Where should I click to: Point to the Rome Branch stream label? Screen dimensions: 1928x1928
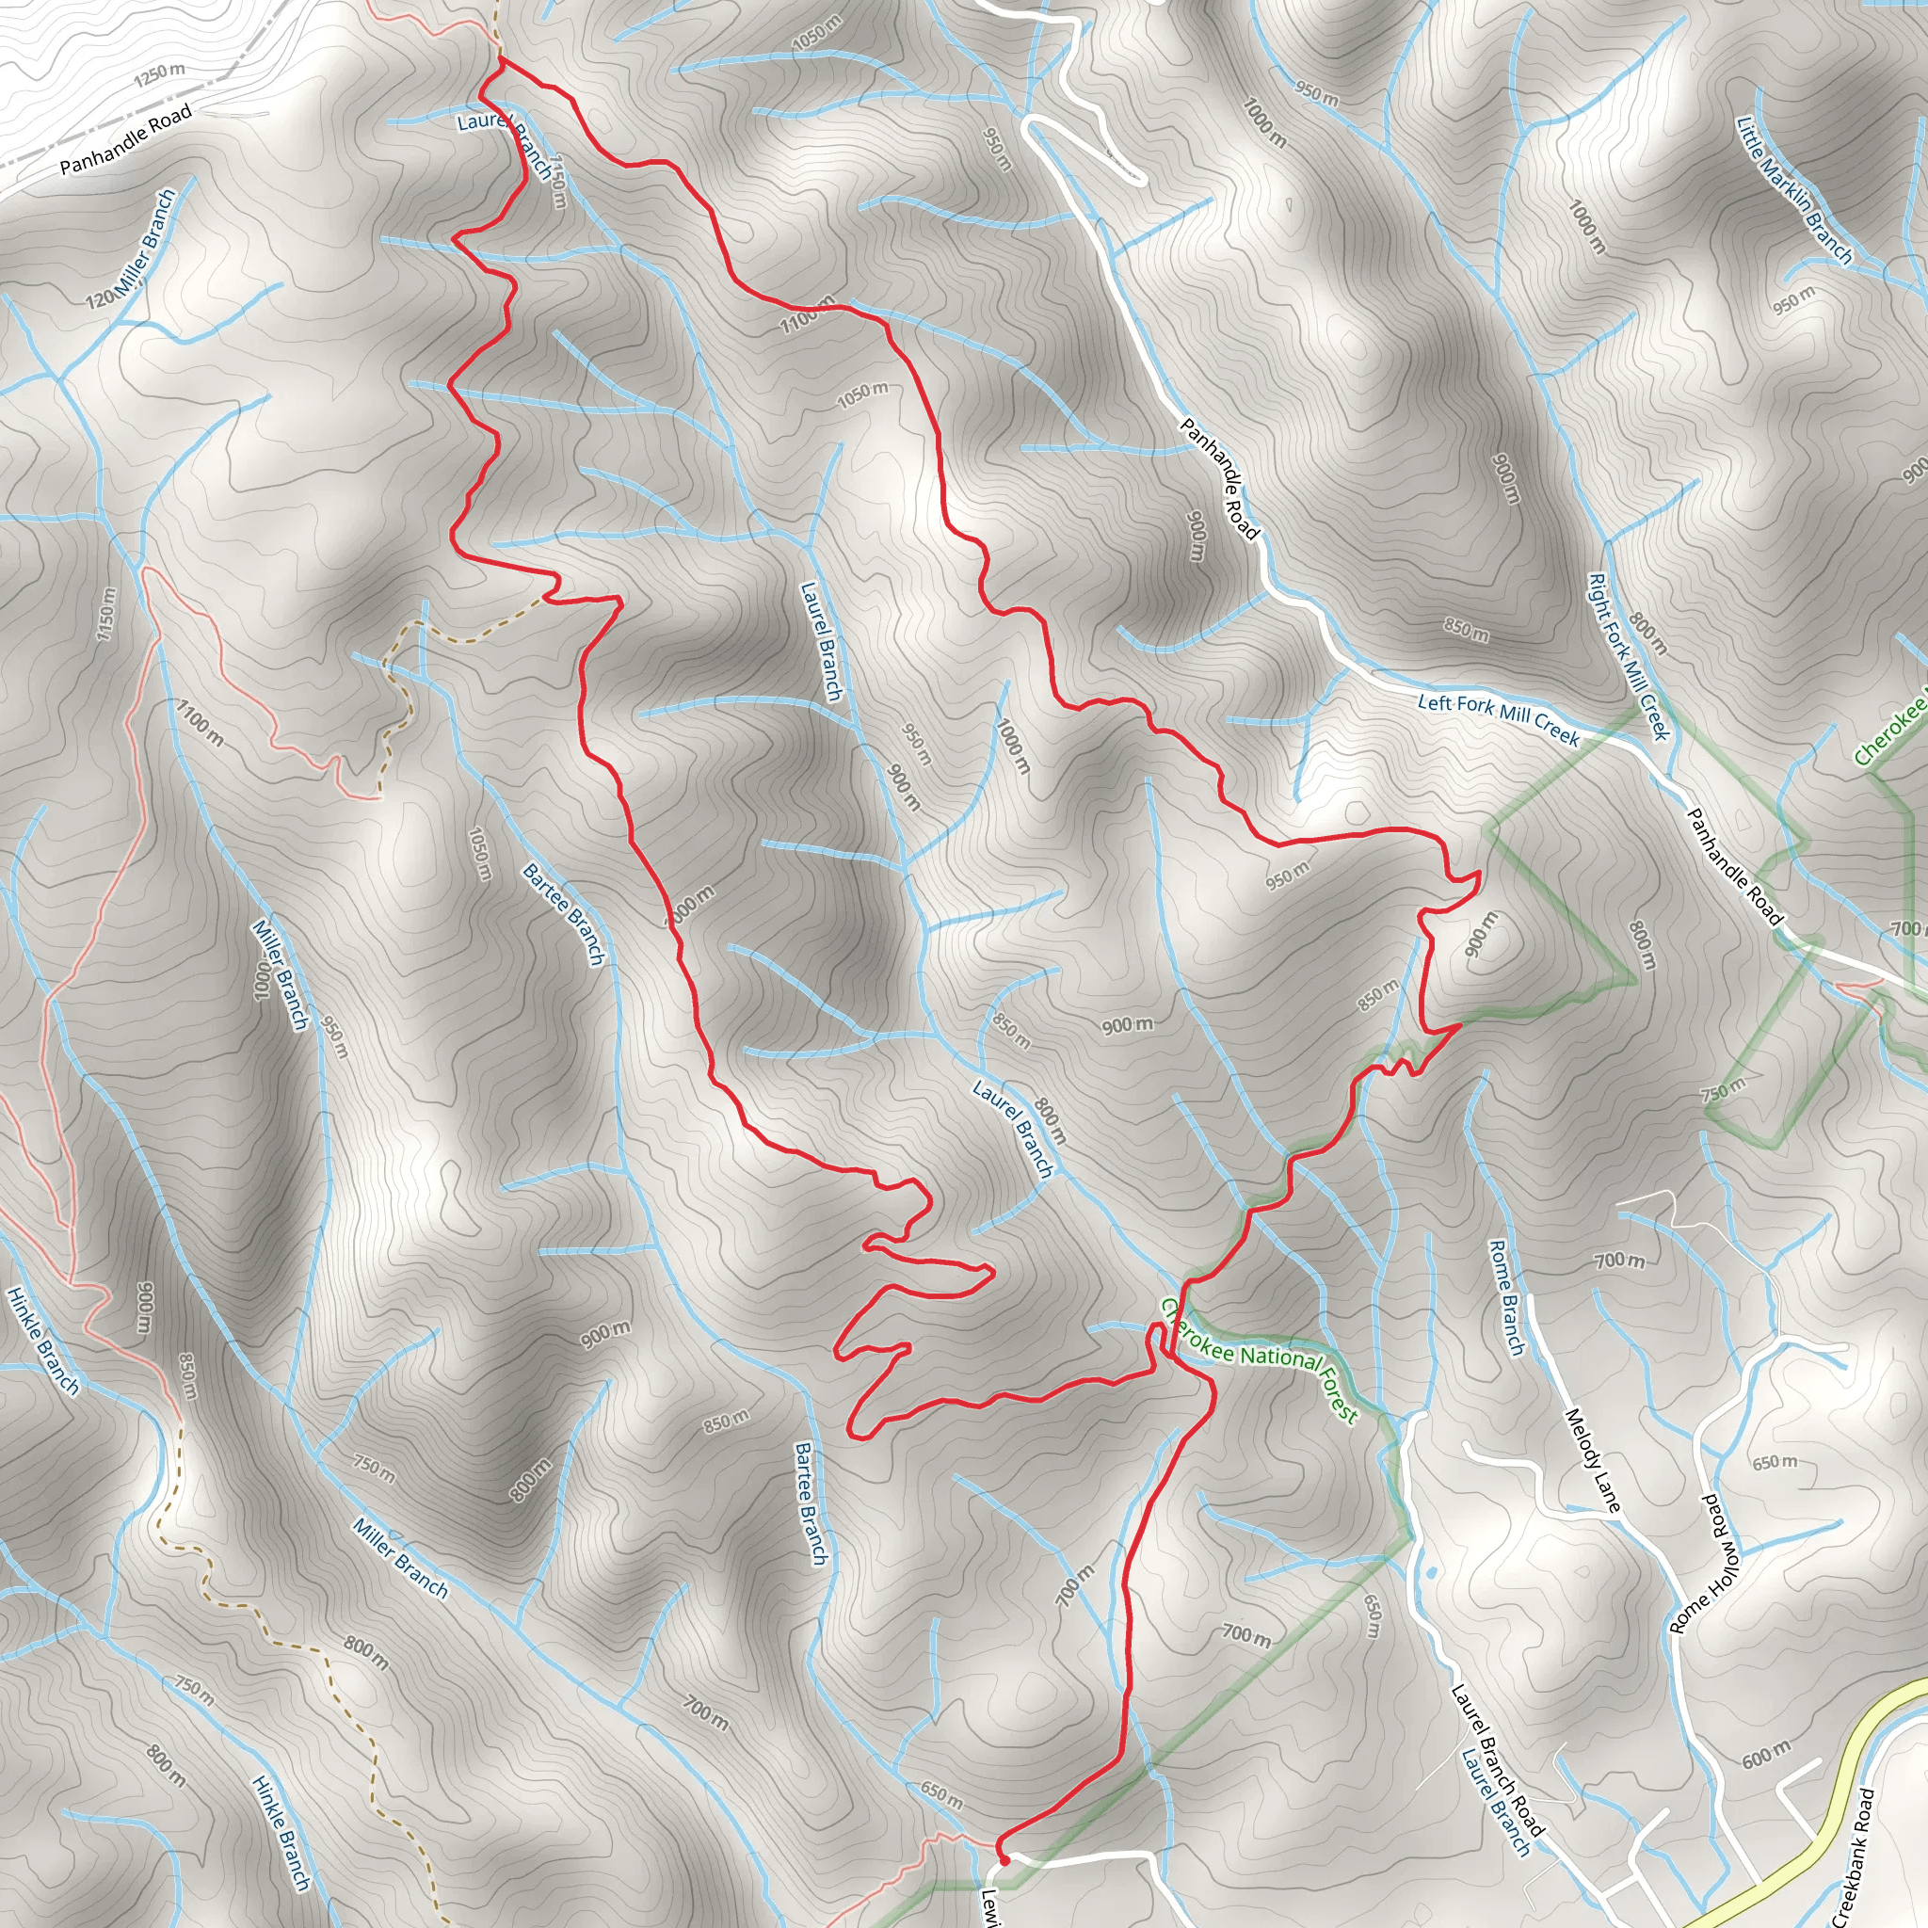point(1507,1297)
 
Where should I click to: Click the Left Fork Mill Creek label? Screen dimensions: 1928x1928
point(1498,719)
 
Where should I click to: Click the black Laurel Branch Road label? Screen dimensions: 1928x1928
point(1497,1759)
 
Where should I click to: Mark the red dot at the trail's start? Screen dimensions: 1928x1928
point(1004,1859)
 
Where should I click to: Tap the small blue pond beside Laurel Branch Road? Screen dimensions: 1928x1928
point(1433,1572)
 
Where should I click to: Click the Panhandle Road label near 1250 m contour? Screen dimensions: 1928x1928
point(126,139)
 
